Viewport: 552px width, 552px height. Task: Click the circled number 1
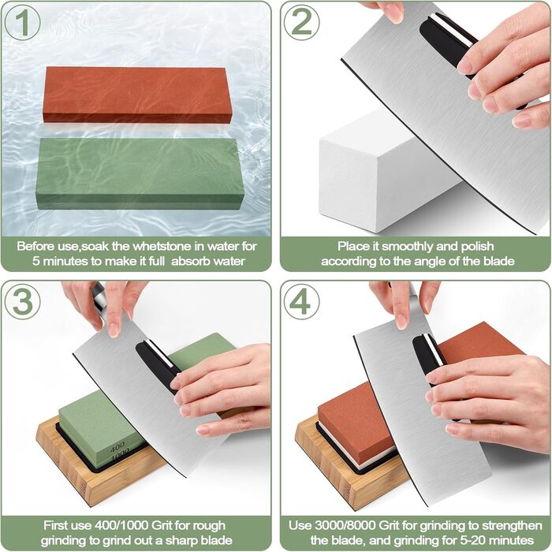click(23, 23)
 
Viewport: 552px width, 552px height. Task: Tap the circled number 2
click(302, 23)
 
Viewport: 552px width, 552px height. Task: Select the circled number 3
click(23, 302)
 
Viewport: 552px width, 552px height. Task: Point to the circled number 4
click(302, 302)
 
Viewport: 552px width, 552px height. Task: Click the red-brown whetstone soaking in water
click(137, 95)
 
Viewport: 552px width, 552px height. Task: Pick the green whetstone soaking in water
click(139, 173)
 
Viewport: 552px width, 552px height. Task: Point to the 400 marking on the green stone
click(117, 448)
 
